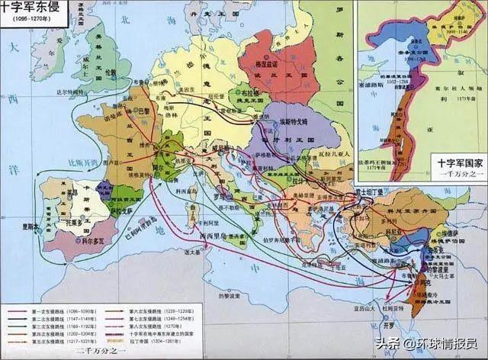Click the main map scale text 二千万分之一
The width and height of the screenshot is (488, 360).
point(100,353)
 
